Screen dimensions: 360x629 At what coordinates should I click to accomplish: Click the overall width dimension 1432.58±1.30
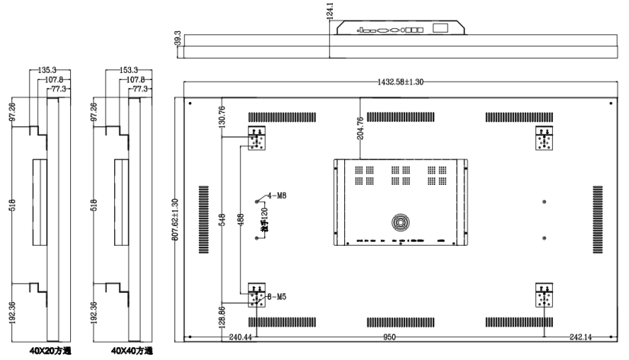coord(401,81)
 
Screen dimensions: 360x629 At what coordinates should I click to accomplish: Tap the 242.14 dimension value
coord(580,336)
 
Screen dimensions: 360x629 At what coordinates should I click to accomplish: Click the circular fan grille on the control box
coord(401,222)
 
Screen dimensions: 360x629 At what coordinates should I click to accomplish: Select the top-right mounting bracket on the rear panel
coord(544,139)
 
